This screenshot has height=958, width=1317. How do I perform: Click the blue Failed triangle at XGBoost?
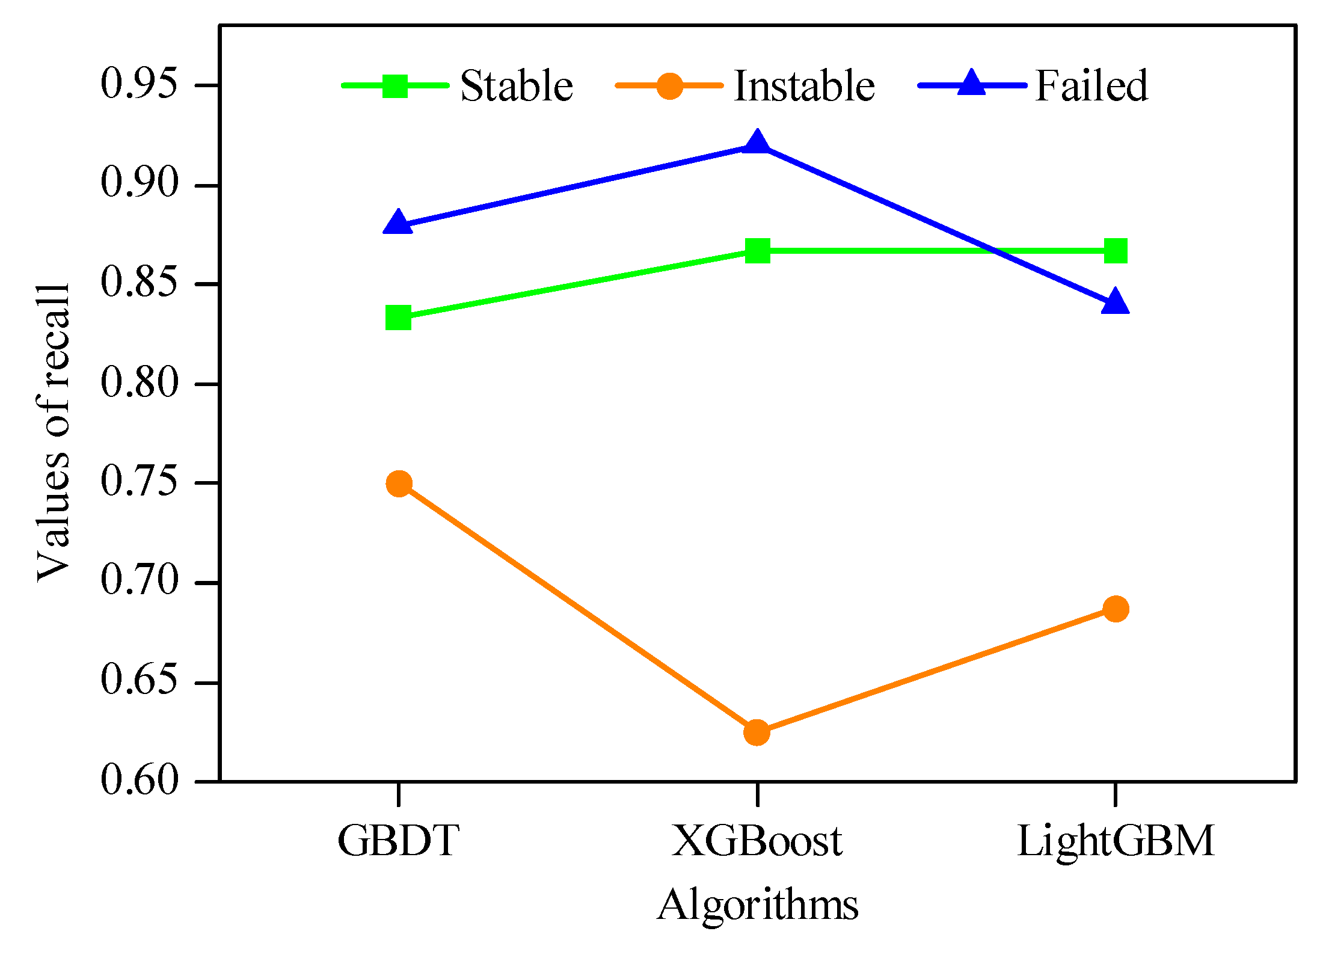click(757, 144)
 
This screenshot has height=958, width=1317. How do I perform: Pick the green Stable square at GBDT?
click(398, 318)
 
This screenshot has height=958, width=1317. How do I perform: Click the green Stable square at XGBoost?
click(757, 251)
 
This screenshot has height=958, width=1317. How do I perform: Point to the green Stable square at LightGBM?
click(1116, 251)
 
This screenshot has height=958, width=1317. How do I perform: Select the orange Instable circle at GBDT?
click(399, 483)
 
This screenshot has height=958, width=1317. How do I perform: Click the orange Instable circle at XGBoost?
click(757, 732)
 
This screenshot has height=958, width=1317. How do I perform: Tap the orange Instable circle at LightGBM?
click(1116, 609)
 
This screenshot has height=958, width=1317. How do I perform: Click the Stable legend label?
click(516, 85)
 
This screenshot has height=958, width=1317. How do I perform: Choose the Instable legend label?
click(804, 85)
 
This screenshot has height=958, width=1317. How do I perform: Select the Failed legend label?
click(1091, 85)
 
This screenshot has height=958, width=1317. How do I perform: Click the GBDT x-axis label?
click(398, 841)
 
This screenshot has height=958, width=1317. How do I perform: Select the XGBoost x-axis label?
click(757, 841)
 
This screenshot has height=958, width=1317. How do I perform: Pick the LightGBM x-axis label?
click(1116, 841)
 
